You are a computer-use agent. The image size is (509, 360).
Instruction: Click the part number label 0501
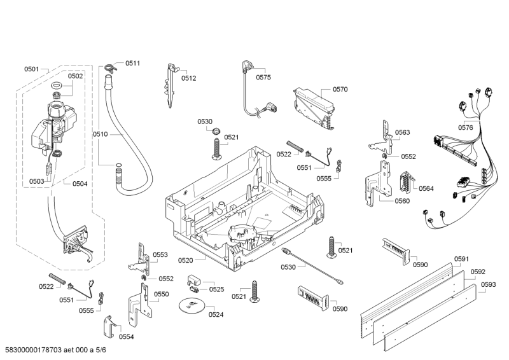click(x=32, y=69)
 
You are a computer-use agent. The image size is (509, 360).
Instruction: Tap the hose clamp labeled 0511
click(x=112, y=64)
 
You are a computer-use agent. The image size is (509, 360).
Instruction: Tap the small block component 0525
click(x=195, y=280)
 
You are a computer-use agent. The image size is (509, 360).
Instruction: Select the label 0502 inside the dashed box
click(x=76, y=76)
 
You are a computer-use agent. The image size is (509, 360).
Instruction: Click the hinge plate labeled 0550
click(x=140, y=300)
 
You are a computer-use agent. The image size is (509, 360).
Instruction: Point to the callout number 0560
click(x=402, y=201)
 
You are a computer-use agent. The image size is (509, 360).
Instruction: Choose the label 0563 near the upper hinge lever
click(x=402, y=133)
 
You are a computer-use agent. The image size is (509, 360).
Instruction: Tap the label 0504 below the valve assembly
click(x=80, y=184)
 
